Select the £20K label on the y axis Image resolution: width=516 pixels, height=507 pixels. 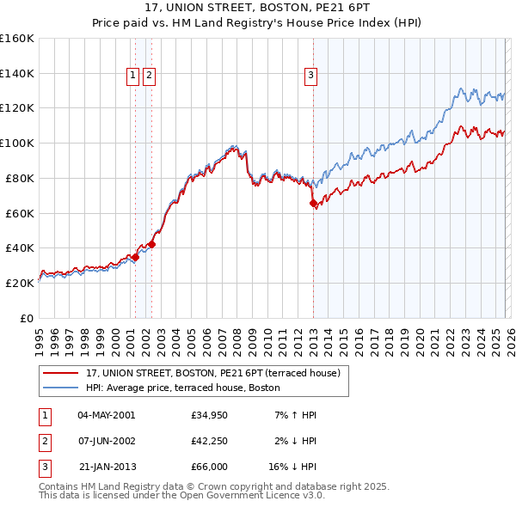pyautogui.click(x=21, y=283)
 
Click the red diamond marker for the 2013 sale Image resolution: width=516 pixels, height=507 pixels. pyautogui.click(x=313, y=204)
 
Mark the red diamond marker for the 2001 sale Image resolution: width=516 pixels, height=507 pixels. pyautogui.click(x=135, y=257)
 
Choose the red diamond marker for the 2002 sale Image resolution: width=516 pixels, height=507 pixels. pyautogui.click(x=151, y=244)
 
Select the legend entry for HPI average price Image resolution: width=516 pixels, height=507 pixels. pyautogui.click(x=182, y=388)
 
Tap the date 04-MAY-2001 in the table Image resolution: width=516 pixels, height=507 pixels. pyautogui.click(x=106, y=415)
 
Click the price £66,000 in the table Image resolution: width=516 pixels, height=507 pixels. pyautogui.click(x=209, y=467)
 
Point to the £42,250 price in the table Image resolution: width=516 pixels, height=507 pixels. pyautogui.click(x=209, y=441)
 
